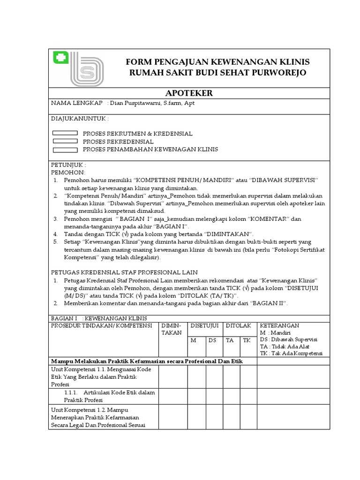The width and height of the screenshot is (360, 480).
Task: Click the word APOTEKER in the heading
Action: click(189, 93)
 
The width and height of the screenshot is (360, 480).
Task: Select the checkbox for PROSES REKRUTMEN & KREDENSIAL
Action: click(65, 134)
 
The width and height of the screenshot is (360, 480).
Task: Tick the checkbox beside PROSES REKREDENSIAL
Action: click(65, 141)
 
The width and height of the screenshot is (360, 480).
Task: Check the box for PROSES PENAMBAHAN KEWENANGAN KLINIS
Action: click(65, 150)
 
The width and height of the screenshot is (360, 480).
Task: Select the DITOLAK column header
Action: click(239, 325)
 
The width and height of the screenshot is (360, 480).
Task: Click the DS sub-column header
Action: click(212, 340)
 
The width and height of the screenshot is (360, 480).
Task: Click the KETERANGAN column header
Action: click(279, 325)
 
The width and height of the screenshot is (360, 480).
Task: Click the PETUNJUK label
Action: click(68, 165)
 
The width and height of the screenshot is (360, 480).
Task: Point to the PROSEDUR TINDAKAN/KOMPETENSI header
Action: click(101, 325)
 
